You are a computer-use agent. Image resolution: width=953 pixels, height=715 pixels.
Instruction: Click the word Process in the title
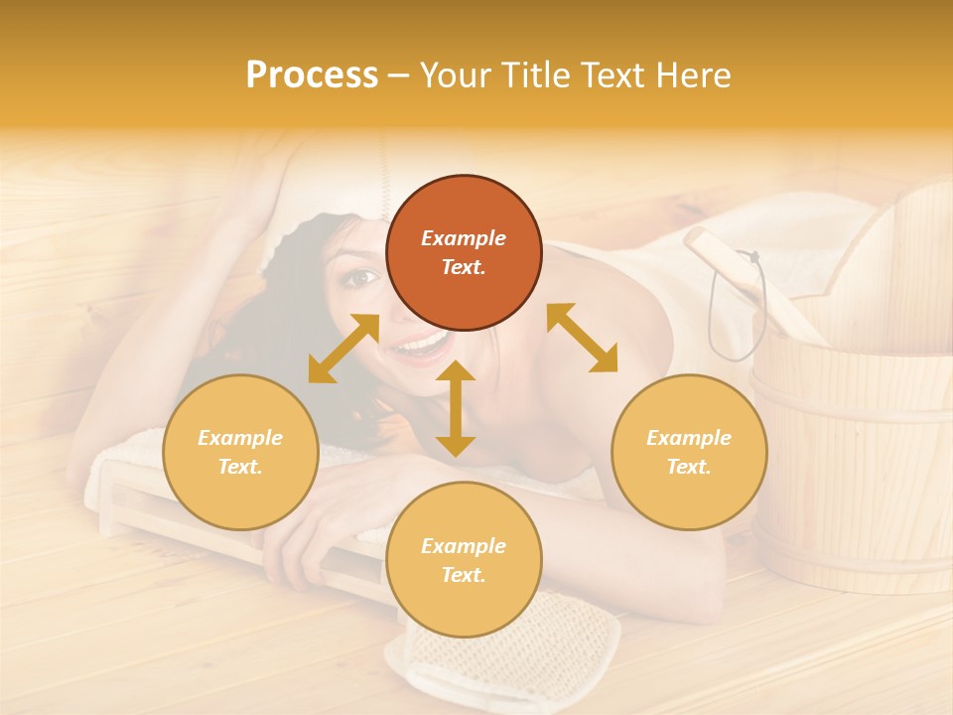pyautogui.click(x=312, y=75)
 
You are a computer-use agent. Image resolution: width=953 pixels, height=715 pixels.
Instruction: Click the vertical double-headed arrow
pyautogui.click(x=456, y=409)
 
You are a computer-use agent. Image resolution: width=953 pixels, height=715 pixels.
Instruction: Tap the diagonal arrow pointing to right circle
pyautogui.click(x=582, y=338)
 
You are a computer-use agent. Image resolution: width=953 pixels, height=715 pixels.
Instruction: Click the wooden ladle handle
pyautogui.click(x=754, y=288)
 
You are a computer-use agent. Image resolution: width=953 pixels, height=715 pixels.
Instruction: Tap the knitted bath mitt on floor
pyautogui.click(x=506, y=650)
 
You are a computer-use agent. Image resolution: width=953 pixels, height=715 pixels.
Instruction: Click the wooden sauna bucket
pyautogui.click(x=854, y=467)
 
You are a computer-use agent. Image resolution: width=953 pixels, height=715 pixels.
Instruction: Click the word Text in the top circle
pyautogui.click(x=463, y=267)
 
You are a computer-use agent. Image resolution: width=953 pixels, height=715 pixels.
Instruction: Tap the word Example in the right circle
pyautogui.click(x=689, y=438)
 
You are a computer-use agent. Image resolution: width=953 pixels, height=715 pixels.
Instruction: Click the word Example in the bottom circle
pyautogui.click(x=464, y=546)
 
